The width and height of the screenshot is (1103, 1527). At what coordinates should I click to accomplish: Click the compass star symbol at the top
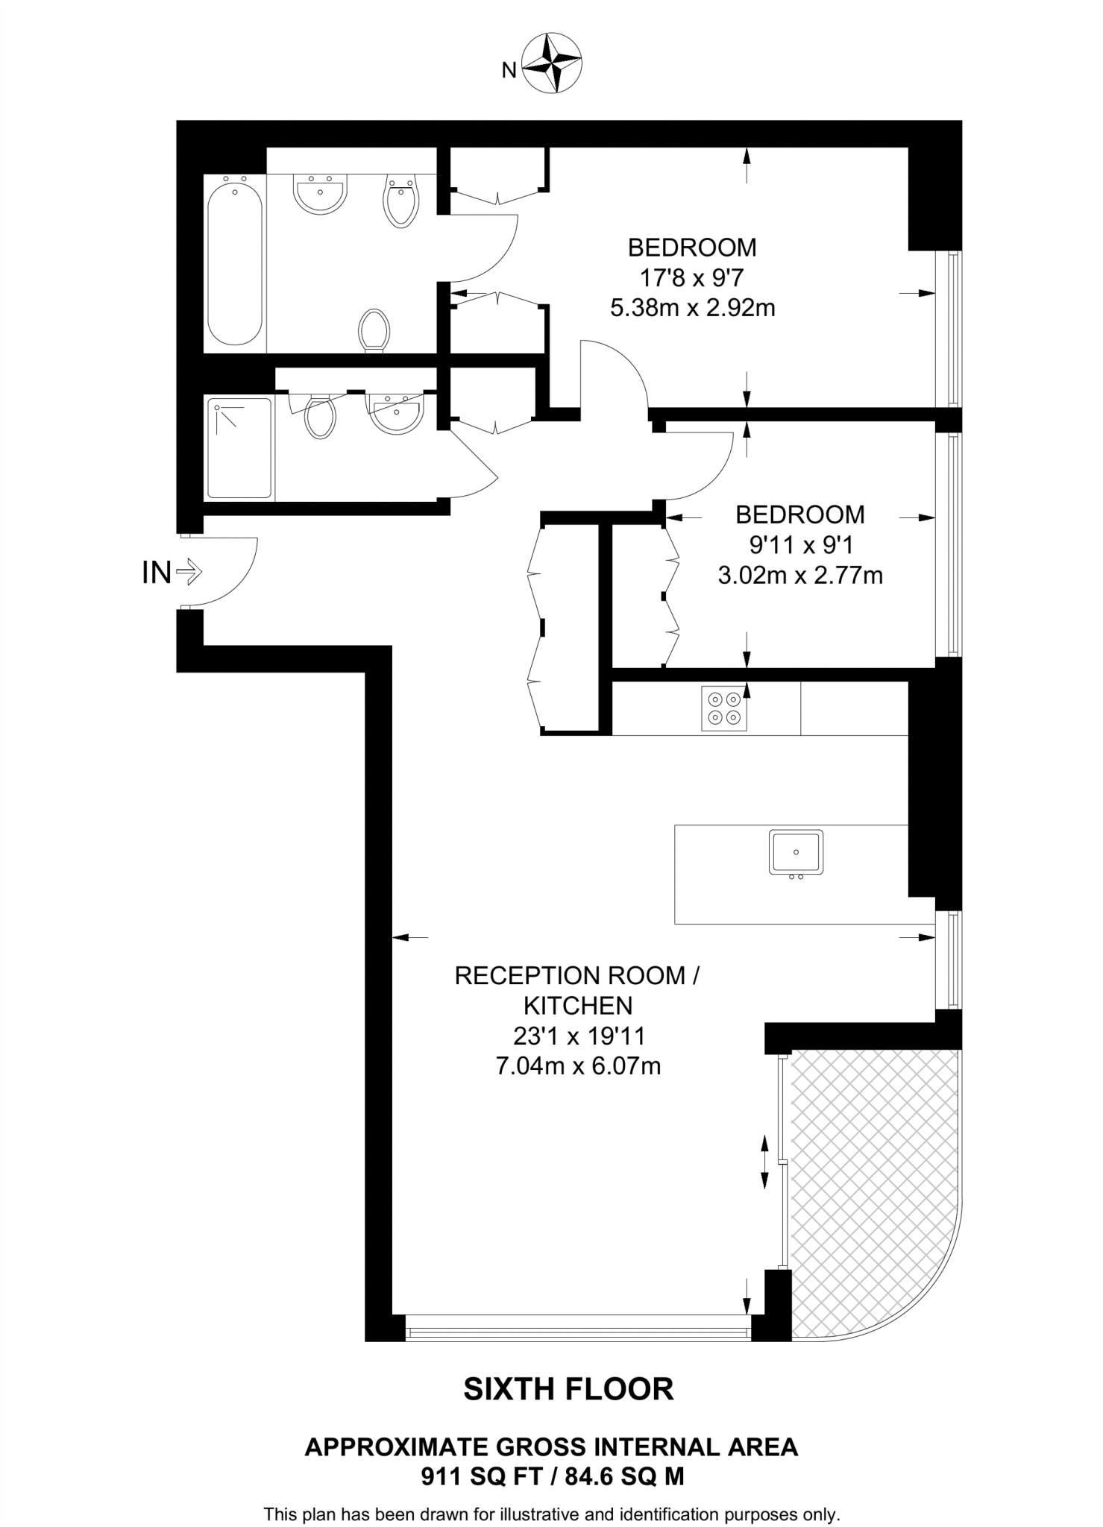[x=551, y=63]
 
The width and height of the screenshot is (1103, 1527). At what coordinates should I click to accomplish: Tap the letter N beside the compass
[x=509, y=71]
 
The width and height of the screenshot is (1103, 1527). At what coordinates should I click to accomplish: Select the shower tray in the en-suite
[x=239, y=448]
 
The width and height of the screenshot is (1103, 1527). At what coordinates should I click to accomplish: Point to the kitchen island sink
[x=796, y=851]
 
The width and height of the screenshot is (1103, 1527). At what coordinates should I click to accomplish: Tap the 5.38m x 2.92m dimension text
[x=692, y=308]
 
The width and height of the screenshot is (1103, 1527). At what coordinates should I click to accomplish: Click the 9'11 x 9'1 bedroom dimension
[x=800, y=545]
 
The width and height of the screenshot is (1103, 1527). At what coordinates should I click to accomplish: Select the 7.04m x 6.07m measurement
[x=578, y=1066]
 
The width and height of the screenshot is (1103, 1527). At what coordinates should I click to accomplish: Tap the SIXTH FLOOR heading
[x=568, y=1389]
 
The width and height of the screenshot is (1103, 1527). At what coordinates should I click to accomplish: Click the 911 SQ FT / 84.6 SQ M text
[x=552, y=1476]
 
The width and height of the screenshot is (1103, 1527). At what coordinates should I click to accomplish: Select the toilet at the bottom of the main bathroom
[x=374, y=330]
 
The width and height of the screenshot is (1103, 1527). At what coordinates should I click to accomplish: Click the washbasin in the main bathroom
[x=321, y=194]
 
